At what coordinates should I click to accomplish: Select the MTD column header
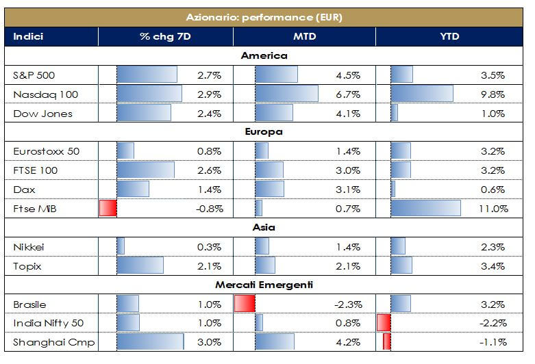(304, 36)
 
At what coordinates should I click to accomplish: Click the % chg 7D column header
(165, 36)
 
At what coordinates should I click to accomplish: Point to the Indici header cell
(28, 36)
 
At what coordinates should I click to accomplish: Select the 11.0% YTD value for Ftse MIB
(494, 209)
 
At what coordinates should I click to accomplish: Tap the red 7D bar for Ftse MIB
(108, 209)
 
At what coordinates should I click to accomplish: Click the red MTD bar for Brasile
(245, 304)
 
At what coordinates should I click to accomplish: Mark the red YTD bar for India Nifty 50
(384, 323)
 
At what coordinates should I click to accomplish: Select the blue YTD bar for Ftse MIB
(425, 209)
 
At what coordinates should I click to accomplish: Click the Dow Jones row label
(42, 113)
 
